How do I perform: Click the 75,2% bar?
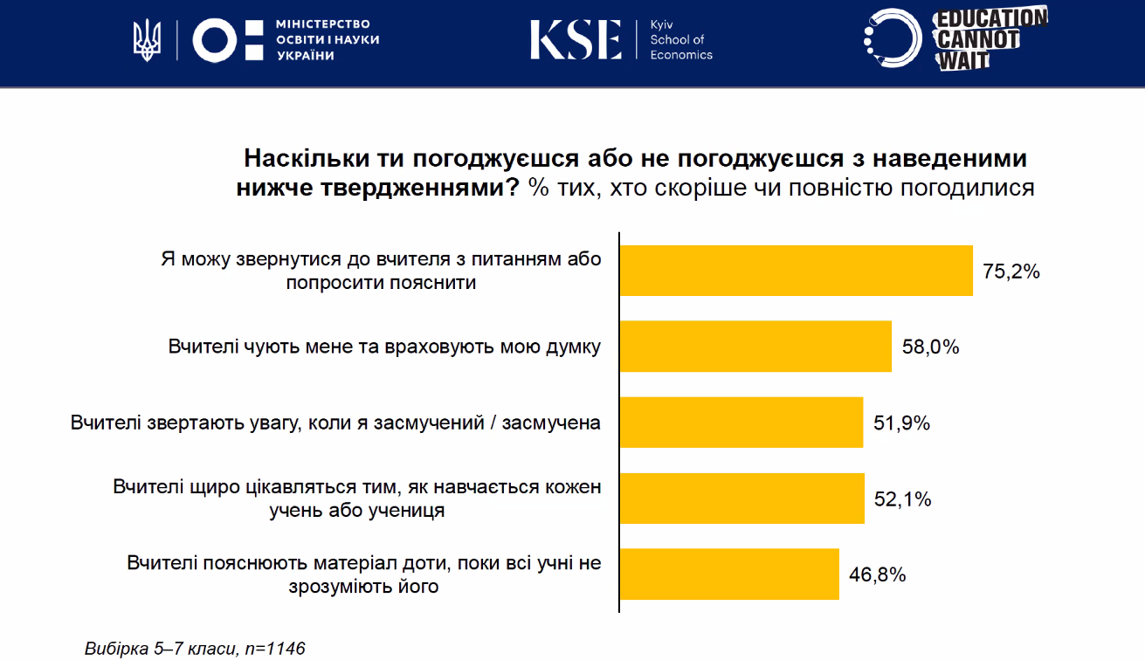coord(796,271)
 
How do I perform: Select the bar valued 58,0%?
coord(755,347)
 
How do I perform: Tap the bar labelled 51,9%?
coord(741,423)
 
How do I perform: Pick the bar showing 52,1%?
coord(741,498)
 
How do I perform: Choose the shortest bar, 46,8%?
coord(729,574)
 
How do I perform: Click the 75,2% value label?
coord(1011,272)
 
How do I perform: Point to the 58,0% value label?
coord(931,347)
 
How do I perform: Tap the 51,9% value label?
coord(902,423)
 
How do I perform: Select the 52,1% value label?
coord(903,499)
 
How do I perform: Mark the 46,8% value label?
coord(878,575)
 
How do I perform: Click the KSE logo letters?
coord(576,40)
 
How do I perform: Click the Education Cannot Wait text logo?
coord(990,38)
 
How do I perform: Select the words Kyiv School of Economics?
coord(680,40)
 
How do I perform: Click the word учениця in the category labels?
coord(405,510)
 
